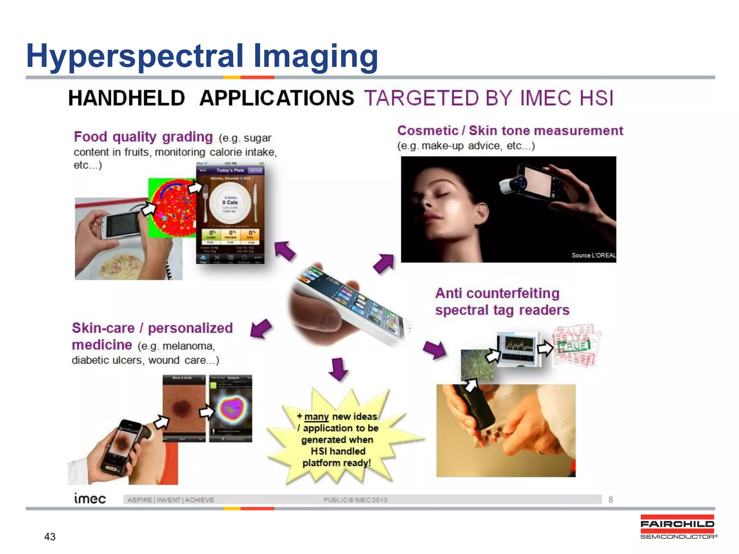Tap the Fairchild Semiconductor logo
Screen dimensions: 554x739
677,527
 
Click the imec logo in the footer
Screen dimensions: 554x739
90,498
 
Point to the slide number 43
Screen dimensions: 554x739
50,537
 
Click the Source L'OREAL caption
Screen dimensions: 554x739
593,255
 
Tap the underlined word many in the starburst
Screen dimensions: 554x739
316,417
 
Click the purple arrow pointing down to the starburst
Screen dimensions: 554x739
338,369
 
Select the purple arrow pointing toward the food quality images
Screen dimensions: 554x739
285,250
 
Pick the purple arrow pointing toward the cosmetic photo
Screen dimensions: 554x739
383,263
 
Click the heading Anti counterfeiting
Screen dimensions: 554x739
497,293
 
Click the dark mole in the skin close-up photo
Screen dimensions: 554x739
183,408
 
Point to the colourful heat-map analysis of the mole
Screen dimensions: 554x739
231,409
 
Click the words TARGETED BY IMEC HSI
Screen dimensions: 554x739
489,98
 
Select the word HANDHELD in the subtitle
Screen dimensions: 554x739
127,98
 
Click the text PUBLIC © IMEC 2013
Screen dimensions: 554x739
355,500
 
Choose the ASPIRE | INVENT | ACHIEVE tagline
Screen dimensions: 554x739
171,500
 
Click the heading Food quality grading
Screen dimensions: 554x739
143,137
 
